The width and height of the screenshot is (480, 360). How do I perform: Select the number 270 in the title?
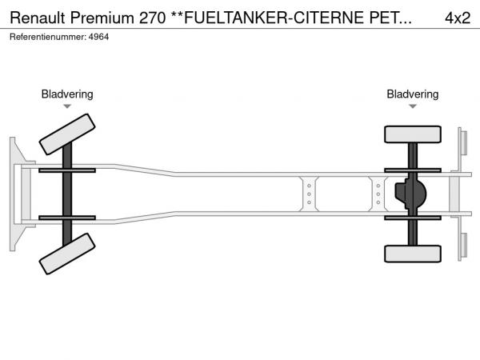tap(152, 18)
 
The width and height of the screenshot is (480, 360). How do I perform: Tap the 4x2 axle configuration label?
tap(458, 18)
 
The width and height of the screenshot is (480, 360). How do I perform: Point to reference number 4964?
tap(98, 37)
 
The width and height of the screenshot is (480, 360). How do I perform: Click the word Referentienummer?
tap(48, 37)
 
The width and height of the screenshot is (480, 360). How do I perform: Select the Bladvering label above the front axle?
tap(67, 94)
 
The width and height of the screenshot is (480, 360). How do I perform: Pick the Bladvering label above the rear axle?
tap(412, 94)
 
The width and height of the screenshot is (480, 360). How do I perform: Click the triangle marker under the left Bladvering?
tap(67, 106)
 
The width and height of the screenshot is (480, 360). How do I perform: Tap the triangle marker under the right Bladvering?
tap(413, 106)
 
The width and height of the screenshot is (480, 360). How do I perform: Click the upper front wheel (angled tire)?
tap(67, 134)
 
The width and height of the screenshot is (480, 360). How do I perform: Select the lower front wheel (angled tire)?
tap(67, 254)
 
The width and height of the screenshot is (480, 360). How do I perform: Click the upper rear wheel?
tap(413, 134)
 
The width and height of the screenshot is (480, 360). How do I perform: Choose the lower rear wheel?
tap(413, 254)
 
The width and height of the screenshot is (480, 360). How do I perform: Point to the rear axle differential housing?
tap(410, 194)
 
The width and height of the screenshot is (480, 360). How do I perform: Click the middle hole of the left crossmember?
tap(309, 194)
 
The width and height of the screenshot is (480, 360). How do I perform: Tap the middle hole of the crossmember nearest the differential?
tap(378, 194)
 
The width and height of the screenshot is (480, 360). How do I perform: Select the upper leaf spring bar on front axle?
tap(67, 170)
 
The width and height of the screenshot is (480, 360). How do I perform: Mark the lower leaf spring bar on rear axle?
tap(413, 218)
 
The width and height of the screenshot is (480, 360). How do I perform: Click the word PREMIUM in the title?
tap(102, 18)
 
